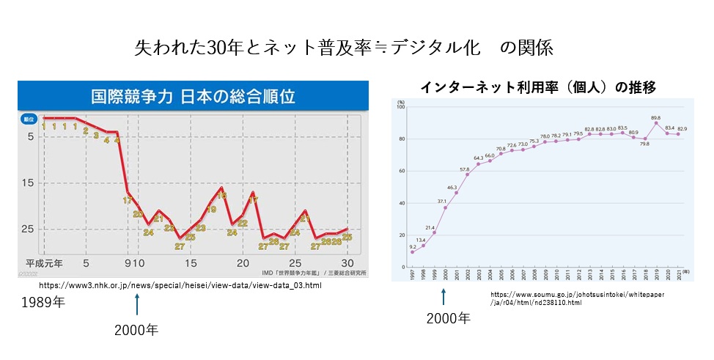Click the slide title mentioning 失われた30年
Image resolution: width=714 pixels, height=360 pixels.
point(343,48)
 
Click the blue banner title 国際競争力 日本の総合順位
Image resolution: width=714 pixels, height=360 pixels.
point(192,96)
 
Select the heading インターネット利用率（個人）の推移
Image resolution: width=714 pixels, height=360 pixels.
point(538,87)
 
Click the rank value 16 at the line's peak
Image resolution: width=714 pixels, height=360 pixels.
point(221,196)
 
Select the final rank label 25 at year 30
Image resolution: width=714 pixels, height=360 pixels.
point(347,237)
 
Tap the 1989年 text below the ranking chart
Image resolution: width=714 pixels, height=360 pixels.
point(43,301)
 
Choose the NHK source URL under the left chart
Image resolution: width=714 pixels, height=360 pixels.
point(180,284)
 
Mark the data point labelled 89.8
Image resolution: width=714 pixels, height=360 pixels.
point(655,123)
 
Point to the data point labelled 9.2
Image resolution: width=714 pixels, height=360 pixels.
point(413,252)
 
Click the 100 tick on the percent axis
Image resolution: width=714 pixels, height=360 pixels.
point(400,108)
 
